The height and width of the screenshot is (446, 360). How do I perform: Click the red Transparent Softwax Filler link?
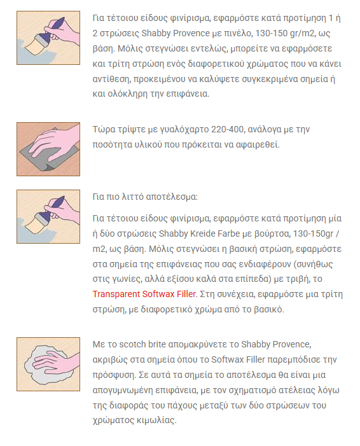[144, 294]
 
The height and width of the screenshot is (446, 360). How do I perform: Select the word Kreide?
[202, 233]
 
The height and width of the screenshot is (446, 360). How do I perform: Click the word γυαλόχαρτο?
[184, 130]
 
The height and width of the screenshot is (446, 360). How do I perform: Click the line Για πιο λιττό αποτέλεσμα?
[145, 197]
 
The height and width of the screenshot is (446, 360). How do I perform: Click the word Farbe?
[228, 233]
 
